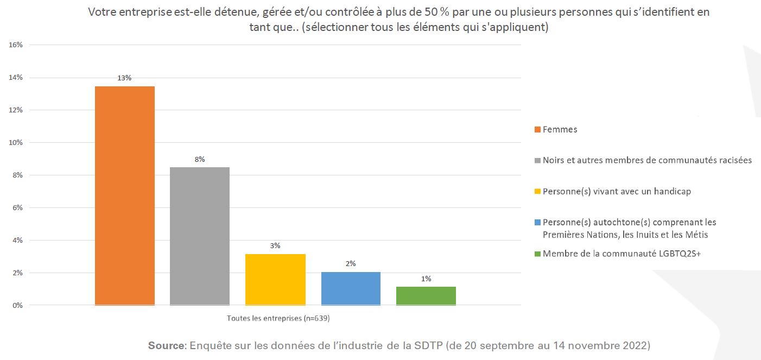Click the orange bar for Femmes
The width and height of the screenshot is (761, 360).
(x=124, y=195)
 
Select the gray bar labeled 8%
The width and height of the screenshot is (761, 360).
(x=199, y=236)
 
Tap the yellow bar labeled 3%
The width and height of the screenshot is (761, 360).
(x=275, y=279)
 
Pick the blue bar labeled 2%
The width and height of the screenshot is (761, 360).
(x=351, y=288)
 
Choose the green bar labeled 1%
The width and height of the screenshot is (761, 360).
(x=426, y=295)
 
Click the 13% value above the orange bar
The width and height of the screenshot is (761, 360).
(x=124, y=78)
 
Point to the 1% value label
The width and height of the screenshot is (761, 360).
(x=426, y=279)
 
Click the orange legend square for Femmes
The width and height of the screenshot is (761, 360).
(x=538, y=130)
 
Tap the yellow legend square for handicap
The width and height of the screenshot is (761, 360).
(x=538, y=192)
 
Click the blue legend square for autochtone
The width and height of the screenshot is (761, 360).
(x=538, y=223)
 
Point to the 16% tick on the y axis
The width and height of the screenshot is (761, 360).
(x=16, y=45)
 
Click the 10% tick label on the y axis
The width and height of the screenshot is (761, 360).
(x=16, y=142)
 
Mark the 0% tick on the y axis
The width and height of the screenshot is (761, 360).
(x=17, y=305)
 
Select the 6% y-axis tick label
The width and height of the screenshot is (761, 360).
(x=17, y=207)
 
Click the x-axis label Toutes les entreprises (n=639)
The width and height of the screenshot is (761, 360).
(x=278, y=318)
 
